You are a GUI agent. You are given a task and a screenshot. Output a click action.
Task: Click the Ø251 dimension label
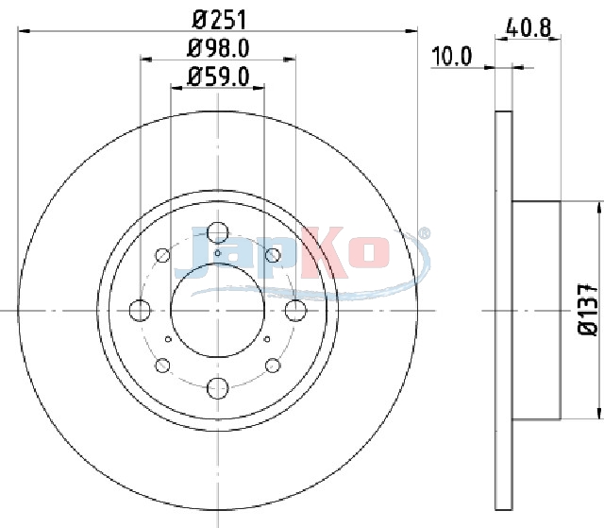219,20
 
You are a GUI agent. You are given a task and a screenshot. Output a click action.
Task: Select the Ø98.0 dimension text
218,48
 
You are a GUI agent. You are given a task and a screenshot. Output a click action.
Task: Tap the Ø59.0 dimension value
218,77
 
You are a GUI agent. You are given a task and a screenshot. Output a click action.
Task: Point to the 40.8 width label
528,27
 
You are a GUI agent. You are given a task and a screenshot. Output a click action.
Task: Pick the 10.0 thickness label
452,57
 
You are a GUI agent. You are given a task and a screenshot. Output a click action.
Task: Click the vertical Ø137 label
588,310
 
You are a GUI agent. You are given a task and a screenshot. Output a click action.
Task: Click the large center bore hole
218,310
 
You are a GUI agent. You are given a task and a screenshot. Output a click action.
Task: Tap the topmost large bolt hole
218,232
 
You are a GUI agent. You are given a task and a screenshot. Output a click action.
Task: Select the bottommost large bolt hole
218,388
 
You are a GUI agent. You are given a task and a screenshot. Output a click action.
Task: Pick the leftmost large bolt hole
140,310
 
